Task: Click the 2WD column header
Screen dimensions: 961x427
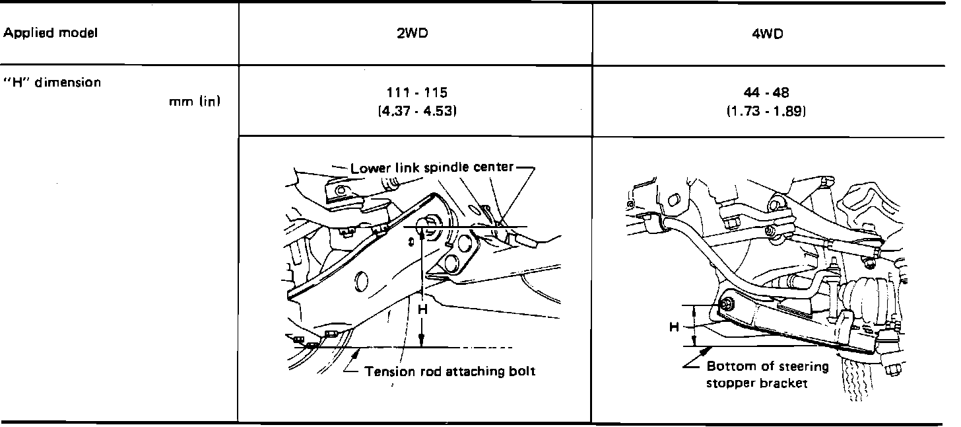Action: click(413, 34)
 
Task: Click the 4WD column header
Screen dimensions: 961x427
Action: click(768, 34)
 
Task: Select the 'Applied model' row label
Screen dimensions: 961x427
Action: click(51, 33)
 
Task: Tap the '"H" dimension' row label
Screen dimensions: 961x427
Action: click(52, 82)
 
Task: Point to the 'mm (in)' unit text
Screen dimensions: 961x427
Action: click(195, 101)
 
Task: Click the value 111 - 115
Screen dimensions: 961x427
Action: click(416, 93)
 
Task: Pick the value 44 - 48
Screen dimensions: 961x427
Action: click(766, 93)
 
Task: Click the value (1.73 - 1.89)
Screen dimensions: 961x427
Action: click(766, 111)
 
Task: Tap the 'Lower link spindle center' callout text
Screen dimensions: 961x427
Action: click(432, 167)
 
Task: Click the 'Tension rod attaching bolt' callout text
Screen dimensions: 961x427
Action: click(449, 371)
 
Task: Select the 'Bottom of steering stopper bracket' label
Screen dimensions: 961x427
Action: click(768, 375)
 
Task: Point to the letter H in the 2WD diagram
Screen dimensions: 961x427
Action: click(423, 309)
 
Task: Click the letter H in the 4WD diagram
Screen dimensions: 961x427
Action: click(674, 327)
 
